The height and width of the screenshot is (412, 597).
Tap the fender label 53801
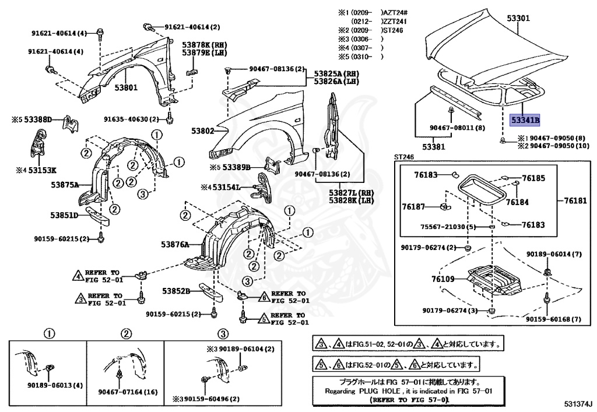(x=125, y=89)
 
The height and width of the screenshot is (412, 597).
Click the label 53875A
(x=65, y=184)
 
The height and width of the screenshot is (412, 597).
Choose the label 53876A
(x=175, y=245)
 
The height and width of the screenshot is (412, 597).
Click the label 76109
(x=443, y=280)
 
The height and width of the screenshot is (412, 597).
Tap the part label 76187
(x=413, y=206)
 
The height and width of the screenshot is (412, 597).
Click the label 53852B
(x=177, y=291)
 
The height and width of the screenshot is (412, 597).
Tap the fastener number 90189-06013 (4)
(x=55, y=385)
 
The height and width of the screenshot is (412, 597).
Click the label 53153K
(x=43, y=170)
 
